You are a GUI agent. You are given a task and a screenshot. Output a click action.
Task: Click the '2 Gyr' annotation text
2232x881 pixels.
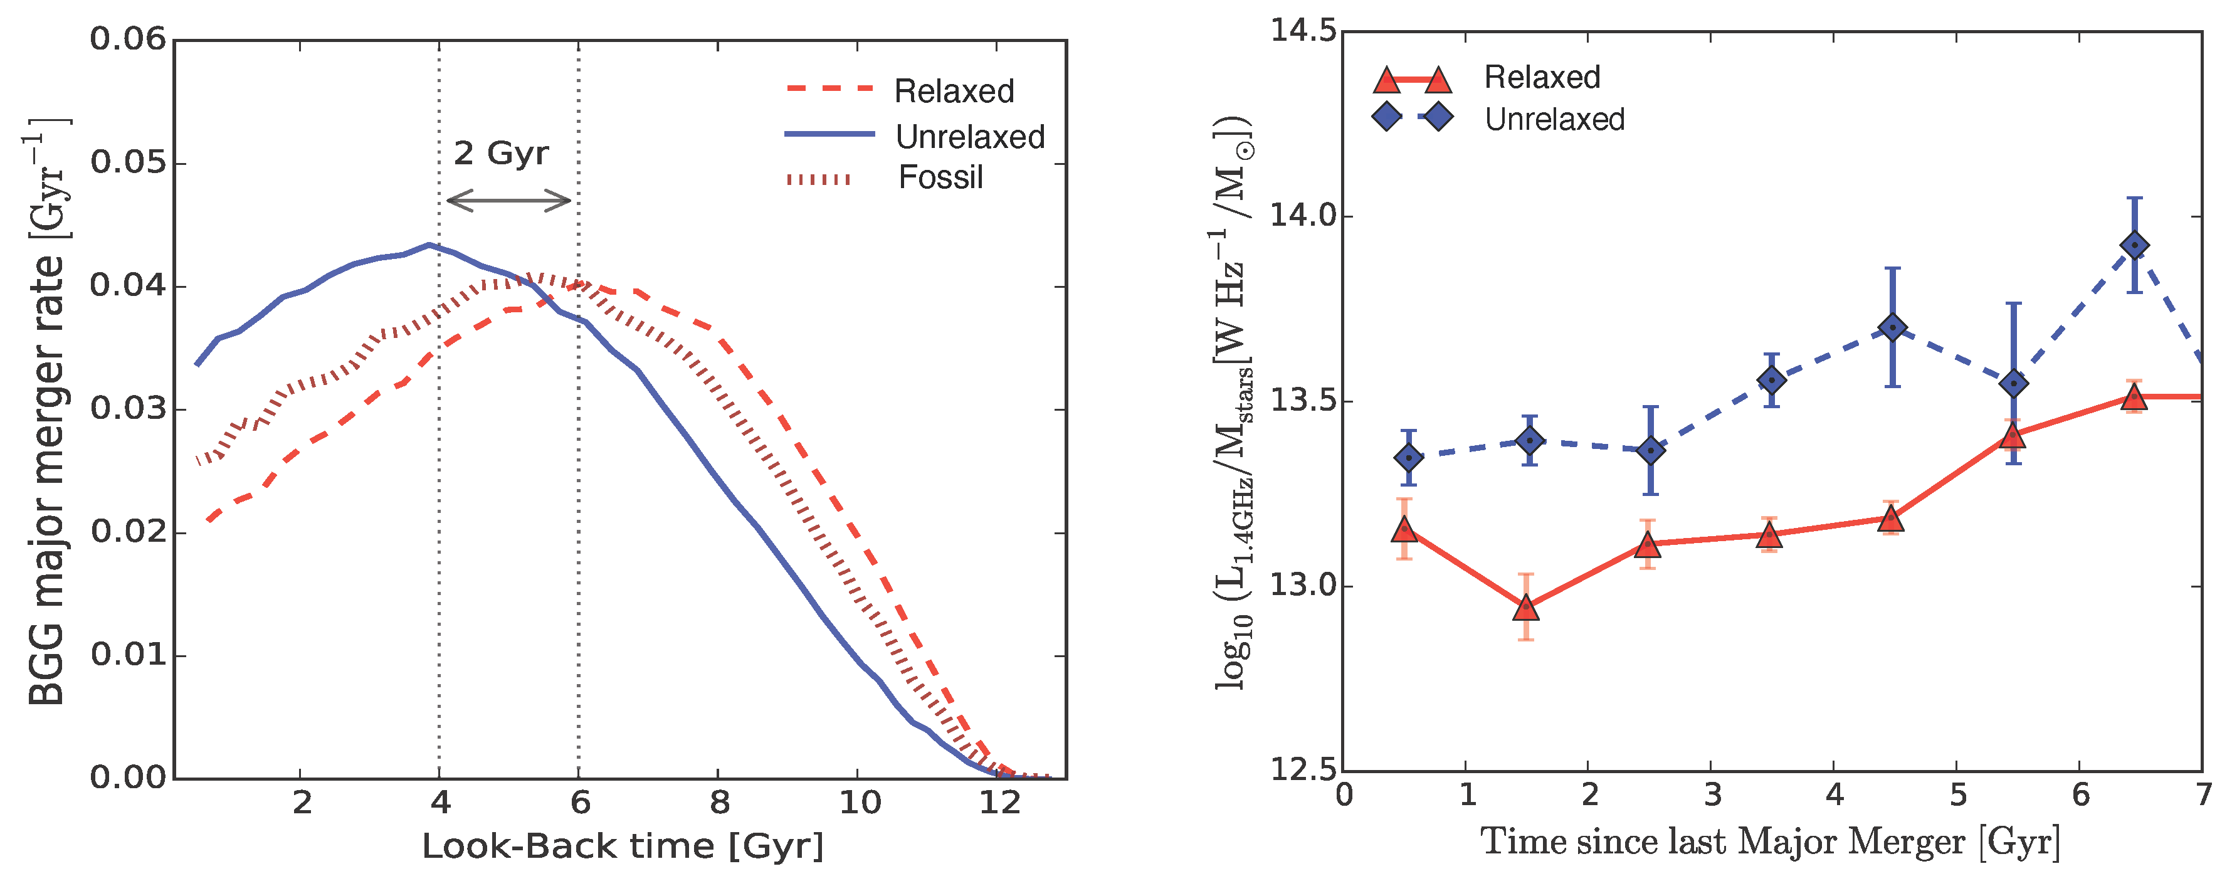pos(501,154)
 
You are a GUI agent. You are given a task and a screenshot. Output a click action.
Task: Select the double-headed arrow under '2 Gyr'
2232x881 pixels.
pos(508,201)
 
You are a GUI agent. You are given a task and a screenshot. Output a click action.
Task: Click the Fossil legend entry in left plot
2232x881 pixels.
pos(940,177)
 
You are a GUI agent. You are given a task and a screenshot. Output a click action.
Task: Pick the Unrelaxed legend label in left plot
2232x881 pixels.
pos(969,137)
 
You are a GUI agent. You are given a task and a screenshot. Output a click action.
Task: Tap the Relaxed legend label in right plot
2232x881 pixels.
pos(1542,77)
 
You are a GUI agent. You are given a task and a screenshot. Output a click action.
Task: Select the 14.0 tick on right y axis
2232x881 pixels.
pos(1302,215)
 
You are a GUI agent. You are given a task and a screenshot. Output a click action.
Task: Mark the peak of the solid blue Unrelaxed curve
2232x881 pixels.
pos(429,245)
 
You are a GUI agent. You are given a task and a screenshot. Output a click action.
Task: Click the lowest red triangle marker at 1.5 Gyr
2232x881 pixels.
pos(1526,609)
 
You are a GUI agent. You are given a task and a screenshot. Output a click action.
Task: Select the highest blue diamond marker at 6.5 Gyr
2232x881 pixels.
pos(2135,246)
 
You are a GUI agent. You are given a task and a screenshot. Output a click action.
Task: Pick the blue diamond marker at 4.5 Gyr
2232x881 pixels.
pos(1892,327)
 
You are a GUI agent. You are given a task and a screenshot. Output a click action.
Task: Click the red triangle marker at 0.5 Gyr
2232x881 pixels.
pos(1404,530)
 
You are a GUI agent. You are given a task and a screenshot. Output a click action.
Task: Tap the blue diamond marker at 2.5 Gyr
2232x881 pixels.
pos(1651,450)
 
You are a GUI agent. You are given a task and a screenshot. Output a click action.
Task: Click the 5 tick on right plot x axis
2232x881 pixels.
pos(1957,795)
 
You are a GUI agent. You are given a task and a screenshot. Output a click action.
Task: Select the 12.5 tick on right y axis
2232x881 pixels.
pos(1302,769)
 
